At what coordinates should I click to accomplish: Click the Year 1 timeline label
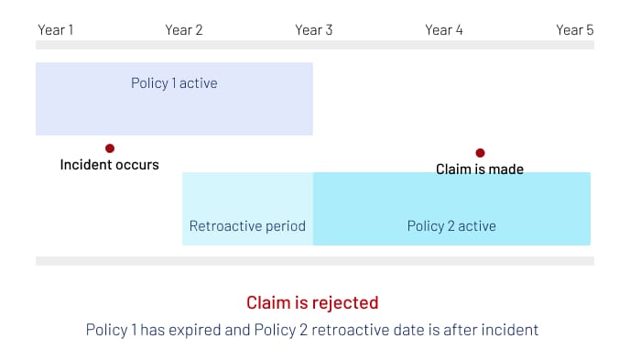[x=55, y=30]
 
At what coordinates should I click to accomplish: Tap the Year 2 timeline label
[x=184, y=30]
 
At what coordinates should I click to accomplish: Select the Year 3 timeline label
[x=314, y=30]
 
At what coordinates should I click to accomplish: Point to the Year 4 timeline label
[x=444, y=30]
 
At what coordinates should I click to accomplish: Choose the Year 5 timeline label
[x=575, y=30]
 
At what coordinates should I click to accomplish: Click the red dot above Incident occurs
[x=110, y=148]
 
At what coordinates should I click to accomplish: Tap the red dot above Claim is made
[x=480, y=153]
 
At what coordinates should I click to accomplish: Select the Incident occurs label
[x=109, y=165]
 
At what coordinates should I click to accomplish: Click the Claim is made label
[x=480, y=169]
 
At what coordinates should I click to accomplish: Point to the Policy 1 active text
[x=174, y=84]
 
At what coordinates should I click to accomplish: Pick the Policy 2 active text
[x=451, y=225]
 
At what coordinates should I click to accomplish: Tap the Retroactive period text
[x=247, y=225]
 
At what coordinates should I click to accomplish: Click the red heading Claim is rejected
[x=312, y=302]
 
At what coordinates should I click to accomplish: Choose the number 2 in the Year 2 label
[x=199, y=30]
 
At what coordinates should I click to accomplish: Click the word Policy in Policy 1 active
[x=149, y=84]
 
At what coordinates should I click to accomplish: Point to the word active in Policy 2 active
[x=474, y=225]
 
